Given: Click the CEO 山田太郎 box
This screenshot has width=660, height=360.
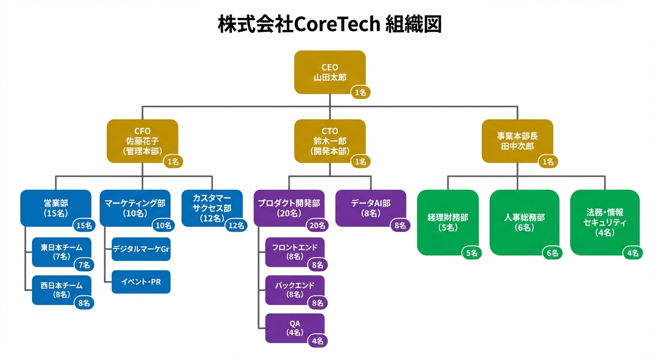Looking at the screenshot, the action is pyautogui.click(x=330, y=72).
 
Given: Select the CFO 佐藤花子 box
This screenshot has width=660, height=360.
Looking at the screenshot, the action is pyautogui.click(x=142, y=141).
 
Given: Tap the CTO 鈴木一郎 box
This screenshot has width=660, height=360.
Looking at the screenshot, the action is pyautogui.click(x=330, y=141).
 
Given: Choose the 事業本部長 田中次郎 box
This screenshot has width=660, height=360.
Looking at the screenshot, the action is pyautogui.click(x=517, y=141).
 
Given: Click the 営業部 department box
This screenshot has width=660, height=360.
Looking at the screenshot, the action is pyautogui.click(x=56, y=208).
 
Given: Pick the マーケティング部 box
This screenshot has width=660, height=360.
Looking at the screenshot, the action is pyautogui.click(x=135, y=208).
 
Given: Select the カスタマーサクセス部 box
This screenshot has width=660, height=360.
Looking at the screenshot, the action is pyautogui.click(x=212, y=208).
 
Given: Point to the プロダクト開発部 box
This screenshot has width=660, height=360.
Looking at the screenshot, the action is pyautogui.click(x=289, y=208).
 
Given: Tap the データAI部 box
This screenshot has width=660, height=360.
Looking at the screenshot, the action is pyautogui.click(x=371, y=208).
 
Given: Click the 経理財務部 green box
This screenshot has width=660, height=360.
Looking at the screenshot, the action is pyautogui.click(x=448, y=223).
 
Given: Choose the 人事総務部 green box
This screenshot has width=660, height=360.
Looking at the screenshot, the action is pyautogui.click(x=525, y=223).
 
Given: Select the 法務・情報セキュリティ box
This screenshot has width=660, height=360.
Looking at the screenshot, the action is pyautogui.click(x=605, y=223).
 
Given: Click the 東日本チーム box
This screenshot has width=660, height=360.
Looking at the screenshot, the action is pyautogui.click(x=61, y=252).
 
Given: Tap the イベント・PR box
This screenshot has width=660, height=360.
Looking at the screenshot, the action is pyautogui.click(x=141, y=282).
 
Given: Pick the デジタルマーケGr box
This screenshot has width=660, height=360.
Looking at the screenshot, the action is pyautogui.click(x=141, y=249).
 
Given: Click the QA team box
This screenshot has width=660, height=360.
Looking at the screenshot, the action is pyautogui.click(x=295, y=328).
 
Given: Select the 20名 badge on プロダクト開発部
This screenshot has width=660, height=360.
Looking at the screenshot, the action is pyautogui.click(x=317, y=225).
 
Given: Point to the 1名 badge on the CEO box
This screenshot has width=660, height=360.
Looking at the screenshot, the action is pyautogui.click(x=360, y=92).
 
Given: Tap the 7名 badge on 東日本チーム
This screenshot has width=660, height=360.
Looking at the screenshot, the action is pyautogui.click(x=84, y=265).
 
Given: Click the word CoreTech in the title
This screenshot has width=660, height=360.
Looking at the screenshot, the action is pyautogui.click(x=337, y=24).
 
